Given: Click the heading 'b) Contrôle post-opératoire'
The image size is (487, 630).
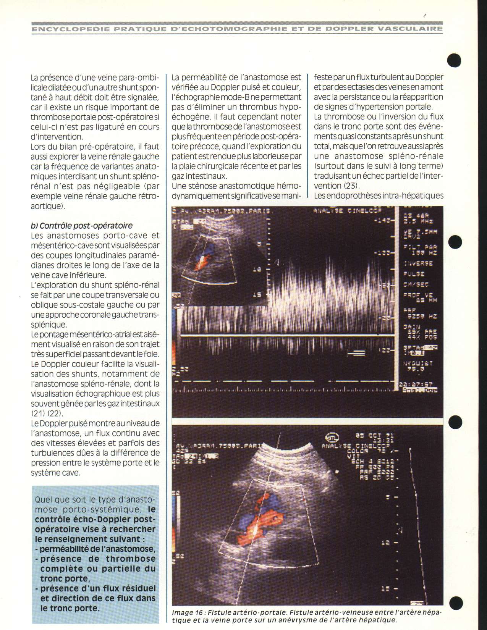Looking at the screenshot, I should coord(81,226).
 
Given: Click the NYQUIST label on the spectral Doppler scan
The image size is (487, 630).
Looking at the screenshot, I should coord(418,364).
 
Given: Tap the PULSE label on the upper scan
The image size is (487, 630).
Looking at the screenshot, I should coord(414,274).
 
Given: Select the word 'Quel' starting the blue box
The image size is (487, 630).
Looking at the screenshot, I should coord(43,499).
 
